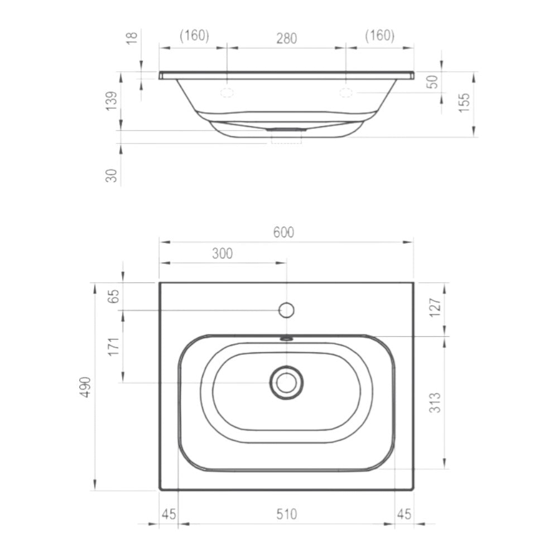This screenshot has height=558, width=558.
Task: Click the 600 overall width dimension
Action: pyautogui.click(x=283, y=232)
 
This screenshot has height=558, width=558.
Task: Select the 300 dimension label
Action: pyautogui.click(x=223, y=253)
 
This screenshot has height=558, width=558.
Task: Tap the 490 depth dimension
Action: pyautogui.click(x=86, y=387)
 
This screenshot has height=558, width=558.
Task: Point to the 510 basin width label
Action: pyautogui.click(x=286, y=514)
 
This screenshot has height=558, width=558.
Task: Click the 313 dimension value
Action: pyautogui.click(x=435, y=402)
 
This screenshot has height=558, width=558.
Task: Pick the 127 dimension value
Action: pyautogui.click(x=435, y=307)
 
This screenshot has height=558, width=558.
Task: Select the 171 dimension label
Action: pyautogui.click(x=113, y=347)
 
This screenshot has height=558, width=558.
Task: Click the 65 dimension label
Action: pyautogui.click(x=113, y=296)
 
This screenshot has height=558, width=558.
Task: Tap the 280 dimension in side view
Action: pyautogui.click(x=287, y=39)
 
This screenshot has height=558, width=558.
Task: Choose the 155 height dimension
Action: pyautogui.click(x=464, y=103)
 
